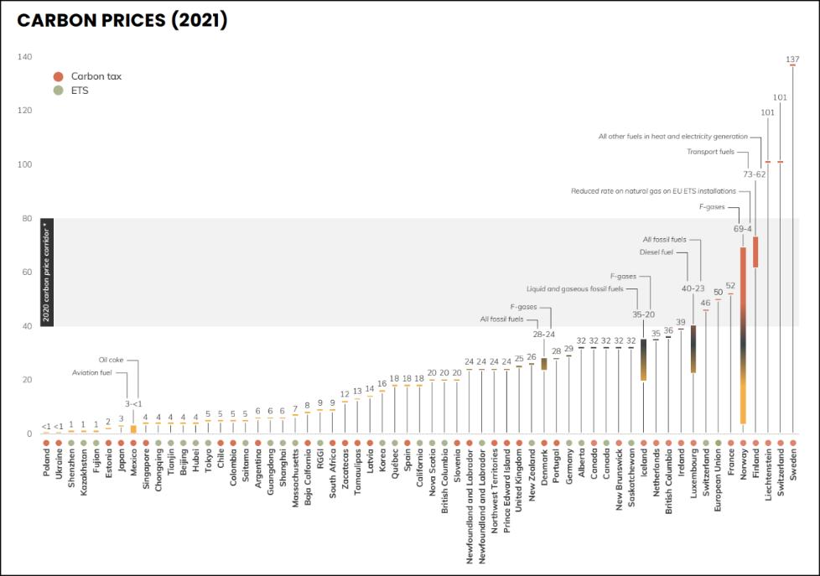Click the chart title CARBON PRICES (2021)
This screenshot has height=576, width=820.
[122, 21]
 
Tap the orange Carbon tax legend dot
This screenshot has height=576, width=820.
[58, 76]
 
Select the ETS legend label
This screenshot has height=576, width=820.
[80, 90]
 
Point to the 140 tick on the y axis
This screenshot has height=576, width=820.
[24, 57]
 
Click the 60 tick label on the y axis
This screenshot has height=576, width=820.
[25, 272]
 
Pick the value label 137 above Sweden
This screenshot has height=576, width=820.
[792, 59]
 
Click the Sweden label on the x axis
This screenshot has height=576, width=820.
[793, 464]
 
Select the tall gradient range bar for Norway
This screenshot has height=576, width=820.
[743, 335]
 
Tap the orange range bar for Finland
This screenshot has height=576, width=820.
[755, 252]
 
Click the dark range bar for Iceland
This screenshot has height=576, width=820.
[643, 360]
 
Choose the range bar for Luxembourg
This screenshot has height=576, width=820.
[693, 349]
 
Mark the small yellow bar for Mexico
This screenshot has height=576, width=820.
[133, 428]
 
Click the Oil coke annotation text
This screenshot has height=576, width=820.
[111, 360]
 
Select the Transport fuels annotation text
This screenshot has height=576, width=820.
[710, 152]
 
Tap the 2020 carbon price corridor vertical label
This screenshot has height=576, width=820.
[47, 272]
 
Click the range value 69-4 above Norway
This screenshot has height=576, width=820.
[743, 228]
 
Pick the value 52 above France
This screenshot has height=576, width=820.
[730, 285]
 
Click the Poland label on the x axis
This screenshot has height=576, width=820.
[46, 464]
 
